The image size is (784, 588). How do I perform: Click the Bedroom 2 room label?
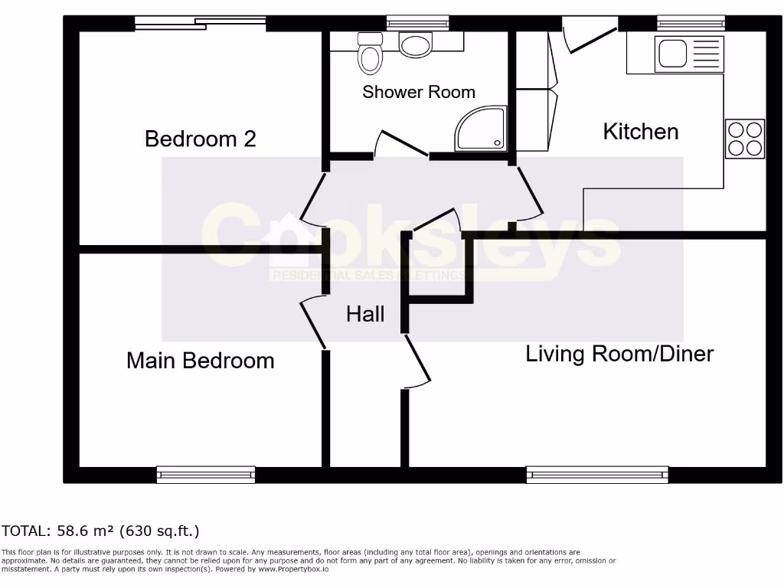pyautogui.click(x=200, y=139)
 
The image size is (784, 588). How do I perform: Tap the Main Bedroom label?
pyautogui.click(x=200, y=360)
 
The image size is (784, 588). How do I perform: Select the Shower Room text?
pyautogui.click(x=419, y=92)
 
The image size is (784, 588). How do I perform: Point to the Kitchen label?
pyautogui.click(x=641, y=132)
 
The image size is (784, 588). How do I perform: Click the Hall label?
pyautogui.click(x=365, y=314)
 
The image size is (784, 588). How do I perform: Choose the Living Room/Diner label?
pyautogui.click(x=619, y=354)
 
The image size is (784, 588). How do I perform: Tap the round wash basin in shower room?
pyautogui.click(x=416, y=45)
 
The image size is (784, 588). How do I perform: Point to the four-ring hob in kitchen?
pyautogui.click(x=744, y=139)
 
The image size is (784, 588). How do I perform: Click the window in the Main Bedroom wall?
pyautogui.click(x=206, y=475)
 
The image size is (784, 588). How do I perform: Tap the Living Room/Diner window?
pyautogui.click(x=597, y=475)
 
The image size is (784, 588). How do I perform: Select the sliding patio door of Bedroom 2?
pyautogui.click(x=201, y=23)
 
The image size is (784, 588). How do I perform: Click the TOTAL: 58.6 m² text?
pyautogui.click(x=100, y=531)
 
